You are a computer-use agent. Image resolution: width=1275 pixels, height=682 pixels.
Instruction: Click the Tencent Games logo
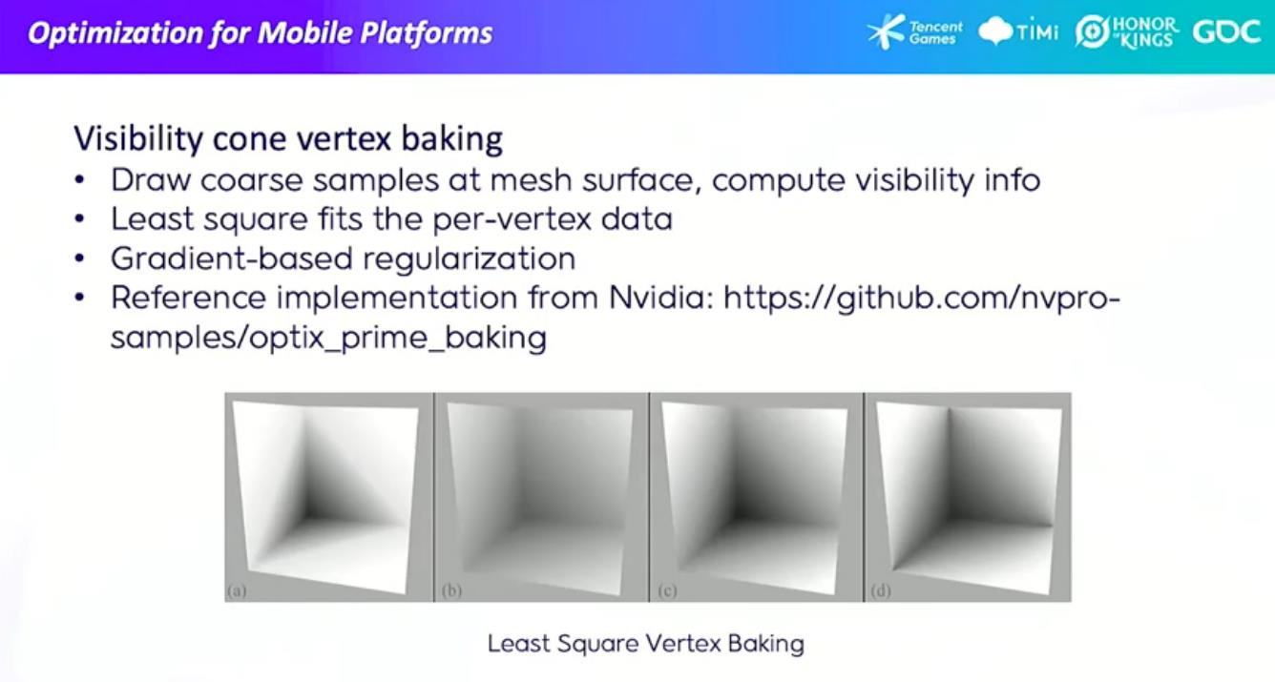[x=914, y=31]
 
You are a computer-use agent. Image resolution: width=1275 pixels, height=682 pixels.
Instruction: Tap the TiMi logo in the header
[x=1018, y=31]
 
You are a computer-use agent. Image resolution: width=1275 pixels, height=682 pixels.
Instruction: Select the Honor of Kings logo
[x=1126, y=31]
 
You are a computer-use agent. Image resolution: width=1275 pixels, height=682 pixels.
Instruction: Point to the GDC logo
[x=1226, y=31]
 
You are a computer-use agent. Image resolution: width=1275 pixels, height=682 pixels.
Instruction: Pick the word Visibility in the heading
[x=138, y=139]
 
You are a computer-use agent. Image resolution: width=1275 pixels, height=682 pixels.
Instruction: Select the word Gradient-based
[x=232, y=258]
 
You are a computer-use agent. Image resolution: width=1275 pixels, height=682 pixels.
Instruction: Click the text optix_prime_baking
[x=398, y=339]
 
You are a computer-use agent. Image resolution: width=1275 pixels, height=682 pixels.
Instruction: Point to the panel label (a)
[x=237, y=591]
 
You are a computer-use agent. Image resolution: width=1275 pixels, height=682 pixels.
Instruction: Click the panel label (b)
[x=451, y=591]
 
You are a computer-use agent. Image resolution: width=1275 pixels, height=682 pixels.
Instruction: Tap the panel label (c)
[x=667, y=591]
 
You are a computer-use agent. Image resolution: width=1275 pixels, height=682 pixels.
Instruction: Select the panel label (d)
[x=881, y=591]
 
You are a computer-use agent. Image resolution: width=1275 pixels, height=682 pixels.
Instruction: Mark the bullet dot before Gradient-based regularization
[x=79, y=259]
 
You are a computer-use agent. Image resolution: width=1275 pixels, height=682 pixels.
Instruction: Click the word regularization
[x=469, y=259]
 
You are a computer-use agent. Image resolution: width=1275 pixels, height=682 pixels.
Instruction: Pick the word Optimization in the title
[x=114, y=33]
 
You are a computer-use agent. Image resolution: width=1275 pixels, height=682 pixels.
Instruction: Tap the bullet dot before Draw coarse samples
[x=79, y=181]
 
